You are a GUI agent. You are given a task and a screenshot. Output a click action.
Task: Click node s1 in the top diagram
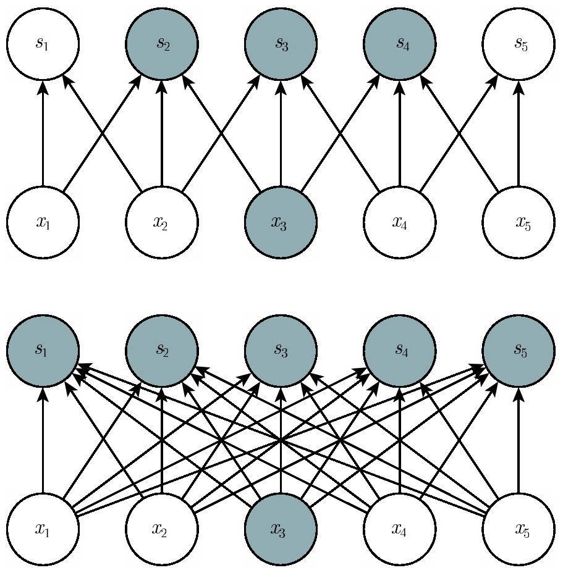pos(43,43)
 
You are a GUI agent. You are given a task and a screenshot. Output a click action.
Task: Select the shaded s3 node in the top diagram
pos(281,43)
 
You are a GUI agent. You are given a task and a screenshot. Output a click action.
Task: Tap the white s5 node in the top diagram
pos(519,43)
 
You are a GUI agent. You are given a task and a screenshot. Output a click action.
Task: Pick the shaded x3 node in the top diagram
pos(281,222)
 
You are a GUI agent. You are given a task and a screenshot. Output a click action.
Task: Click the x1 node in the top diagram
pos(43,222)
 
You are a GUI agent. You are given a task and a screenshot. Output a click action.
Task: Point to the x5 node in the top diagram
pos(519,222)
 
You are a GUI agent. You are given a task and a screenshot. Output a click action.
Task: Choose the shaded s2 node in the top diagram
pos(162,43)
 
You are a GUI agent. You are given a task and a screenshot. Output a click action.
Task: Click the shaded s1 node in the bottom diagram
pos(43,350)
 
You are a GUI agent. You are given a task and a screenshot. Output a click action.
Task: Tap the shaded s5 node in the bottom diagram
pos(519,350)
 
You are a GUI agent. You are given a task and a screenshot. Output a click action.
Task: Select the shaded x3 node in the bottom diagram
pos(281,529)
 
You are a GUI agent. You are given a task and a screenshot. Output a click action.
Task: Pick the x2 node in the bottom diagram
pos(162,529)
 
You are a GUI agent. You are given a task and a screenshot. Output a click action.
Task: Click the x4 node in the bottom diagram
pos(399,529)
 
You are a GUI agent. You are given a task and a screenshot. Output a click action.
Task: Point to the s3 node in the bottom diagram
pos(281,350)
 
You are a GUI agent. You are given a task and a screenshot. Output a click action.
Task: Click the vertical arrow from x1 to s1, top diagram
pos(43,133)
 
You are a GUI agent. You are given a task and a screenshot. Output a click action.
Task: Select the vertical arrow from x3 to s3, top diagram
pos(281,133)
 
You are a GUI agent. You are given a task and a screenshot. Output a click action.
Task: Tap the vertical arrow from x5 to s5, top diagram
pos(519,133)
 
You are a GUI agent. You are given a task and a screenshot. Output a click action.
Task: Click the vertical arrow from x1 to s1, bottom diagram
pos(43,440)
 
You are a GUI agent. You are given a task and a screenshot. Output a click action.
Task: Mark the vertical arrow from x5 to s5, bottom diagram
pos(519,440)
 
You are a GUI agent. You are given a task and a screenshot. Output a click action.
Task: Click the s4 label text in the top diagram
pos(402,44)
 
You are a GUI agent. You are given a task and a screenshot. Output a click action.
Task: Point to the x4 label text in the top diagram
pos(399,222)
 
